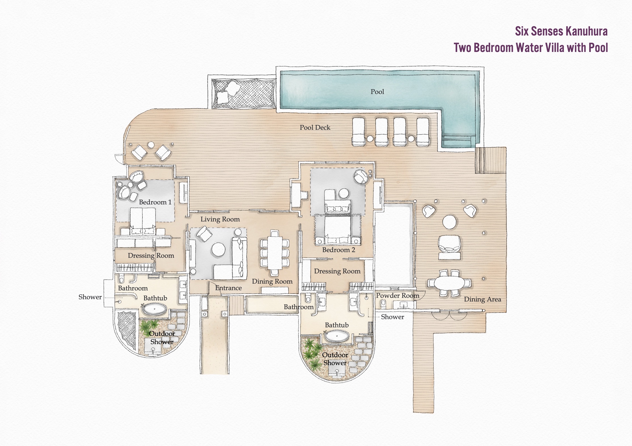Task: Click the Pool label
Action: (x=377, y=92)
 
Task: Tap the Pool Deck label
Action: (x=315, y=127)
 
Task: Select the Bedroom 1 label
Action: (x=155, y=202)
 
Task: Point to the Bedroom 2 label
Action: (x=338, y=250)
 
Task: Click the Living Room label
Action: (x=220, y=219)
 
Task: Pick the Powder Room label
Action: (x=397, y=296)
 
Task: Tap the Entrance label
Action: (x=228, y=288)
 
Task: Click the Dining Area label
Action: (x=483, y=300)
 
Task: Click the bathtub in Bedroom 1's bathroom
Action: (x=155, y=309)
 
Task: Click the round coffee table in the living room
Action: (x=218, y=250)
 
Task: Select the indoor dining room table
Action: (x=275, y=253)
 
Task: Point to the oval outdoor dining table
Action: (x=449, y=283)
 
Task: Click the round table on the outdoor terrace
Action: (x=450, y=222)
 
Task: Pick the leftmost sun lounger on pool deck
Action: (x=358, y=132)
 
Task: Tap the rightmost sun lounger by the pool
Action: (x=423, y=132)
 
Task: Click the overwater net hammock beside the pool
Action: (x=244, y=94)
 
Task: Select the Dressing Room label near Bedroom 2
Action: (x=337, y=271)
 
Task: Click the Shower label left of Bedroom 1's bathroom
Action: (x=90, y=297)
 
